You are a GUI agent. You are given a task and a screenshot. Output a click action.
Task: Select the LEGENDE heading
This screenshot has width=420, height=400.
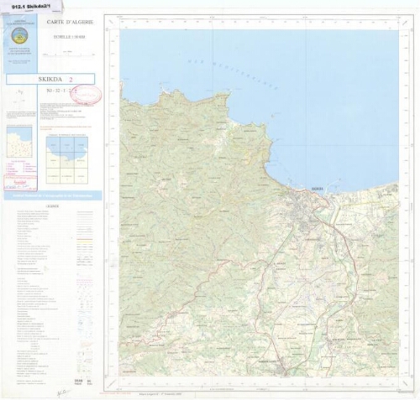52,205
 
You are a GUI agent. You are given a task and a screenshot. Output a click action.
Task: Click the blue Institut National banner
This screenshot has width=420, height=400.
52,195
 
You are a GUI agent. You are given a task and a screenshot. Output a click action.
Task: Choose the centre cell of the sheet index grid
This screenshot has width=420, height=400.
66,161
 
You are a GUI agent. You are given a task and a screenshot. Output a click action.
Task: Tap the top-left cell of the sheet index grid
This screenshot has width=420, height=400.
53,146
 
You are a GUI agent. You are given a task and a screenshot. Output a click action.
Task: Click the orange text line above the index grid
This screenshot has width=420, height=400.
66,133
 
